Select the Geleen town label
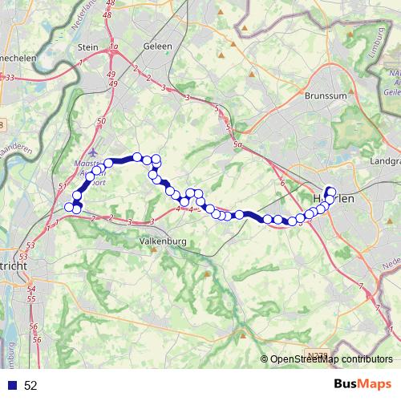click(157, 47)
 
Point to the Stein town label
click(87, 47)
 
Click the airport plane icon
click(95, 152)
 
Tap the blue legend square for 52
click(13, 386)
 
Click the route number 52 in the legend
click(30, 386)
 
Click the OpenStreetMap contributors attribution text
click(330, 359)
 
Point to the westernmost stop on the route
click(69, 208)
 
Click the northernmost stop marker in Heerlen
click(330, 191)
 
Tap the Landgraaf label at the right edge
click(383, 160)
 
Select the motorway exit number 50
click(101, 121)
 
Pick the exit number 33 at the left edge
click(9, 77)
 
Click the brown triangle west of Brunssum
click(252, 75)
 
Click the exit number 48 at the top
click(109, 4)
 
